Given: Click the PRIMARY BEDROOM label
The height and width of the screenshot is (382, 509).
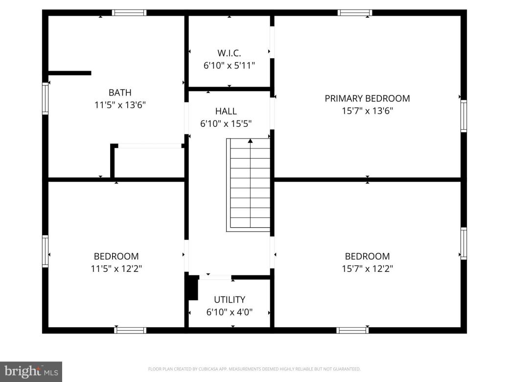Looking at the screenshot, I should [367, 98].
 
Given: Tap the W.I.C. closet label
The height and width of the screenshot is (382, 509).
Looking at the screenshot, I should [229, 53].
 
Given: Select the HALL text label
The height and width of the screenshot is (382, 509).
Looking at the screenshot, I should [226, 111].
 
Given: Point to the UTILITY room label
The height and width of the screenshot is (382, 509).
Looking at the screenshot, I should [230, 300].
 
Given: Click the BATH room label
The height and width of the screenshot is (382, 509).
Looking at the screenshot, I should [120, 92].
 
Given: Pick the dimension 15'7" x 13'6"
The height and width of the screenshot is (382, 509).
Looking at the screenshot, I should [367, 111].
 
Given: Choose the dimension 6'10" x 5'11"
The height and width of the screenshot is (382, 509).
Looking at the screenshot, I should [229, 65].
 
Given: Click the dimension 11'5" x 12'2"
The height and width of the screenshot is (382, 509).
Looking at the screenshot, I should [116, 268].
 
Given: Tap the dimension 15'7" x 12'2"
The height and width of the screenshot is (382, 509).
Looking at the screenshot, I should [367, 268].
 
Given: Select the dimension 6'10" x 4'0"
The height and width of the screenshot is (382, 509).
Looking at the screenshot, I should [230, 312].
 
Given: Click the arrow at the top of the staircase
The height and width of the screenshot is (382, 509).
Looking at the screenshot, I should [250, 142].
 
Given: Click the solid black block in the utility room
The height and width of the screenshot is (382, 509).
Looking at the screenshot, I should [192, 288].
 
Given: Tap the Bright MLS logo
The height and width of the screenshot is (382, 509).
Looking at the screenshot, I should [30, 371].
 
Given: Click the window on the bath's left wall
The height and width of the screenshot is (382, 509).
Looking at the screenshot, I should [46, 98].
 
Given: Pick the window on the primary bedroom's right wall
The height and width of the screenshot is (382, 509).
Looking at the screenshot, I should [463, 116].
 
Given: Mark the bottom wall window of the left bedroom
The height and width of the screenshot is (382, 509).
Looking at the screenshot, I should [130, 330].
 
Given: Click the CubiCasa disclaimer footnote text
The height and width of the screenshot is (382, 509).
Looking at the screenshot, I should [254, 369].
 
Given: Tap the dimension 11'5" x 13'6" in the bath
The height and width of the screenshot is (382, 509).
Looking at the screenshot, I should [120, 104].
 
